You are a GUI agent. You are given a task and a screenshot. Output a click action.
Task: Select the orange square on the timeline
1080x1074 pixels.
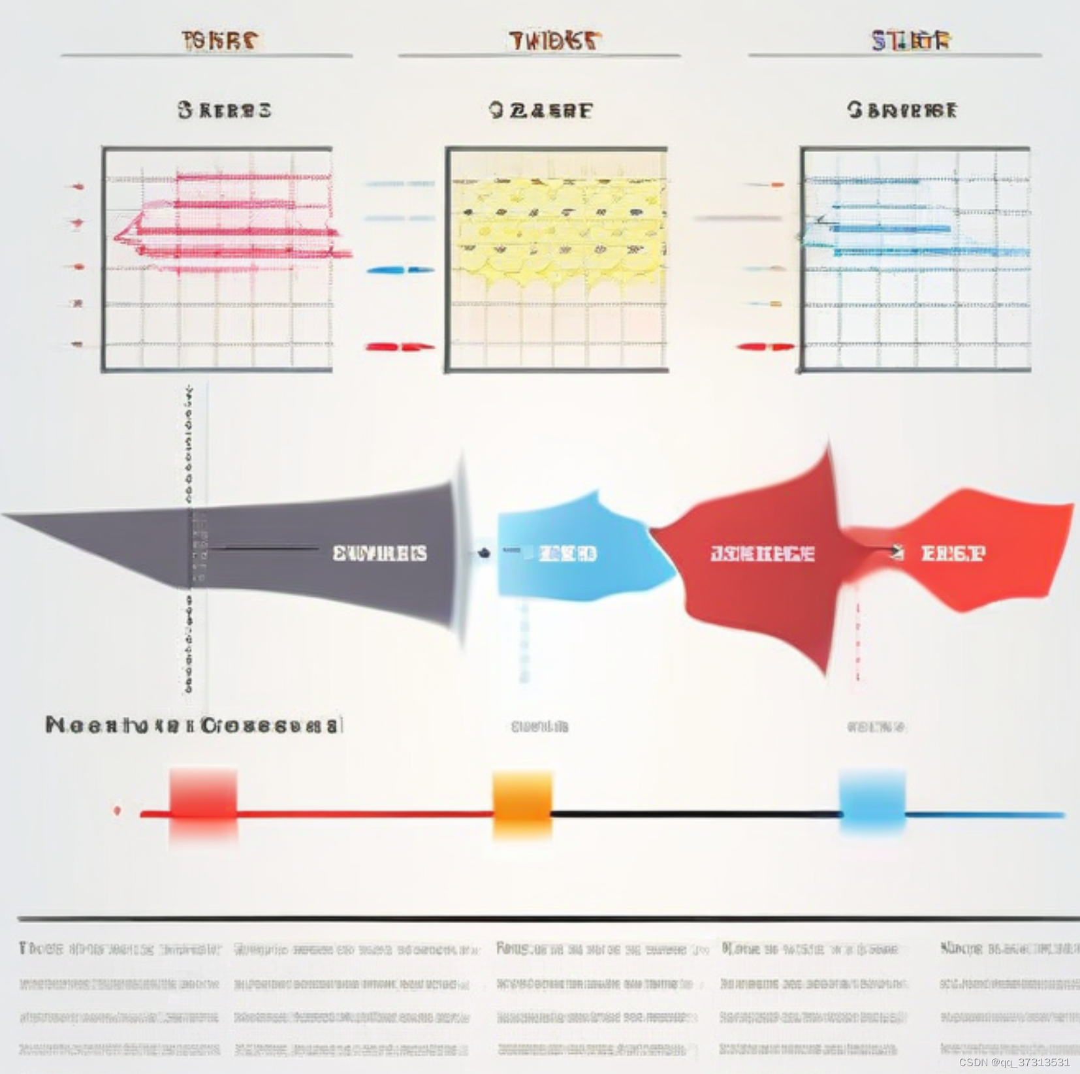click(522, 803)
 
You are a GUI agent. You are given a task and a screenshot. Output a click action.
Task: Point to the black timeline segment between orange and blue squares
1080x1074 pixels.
click(695, 814)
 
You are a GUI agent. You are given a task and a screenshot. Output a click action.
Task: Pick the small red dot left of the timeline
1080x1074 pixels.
click(117, 811)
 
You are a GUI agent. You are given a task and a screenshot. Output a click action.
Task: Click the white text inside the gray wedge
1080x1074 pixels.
click(379, 554)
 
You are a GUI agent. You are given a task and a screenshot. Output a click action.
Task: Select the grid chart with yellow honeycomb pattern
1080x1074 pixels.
click(556, 259)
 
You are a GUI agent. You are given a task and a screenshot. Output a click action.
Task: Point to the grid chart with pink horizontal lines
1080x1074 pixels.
click(217, 259)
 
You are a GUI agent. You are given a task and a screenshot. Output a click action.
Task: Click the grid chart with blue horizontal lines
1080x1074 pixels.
click(915, 259)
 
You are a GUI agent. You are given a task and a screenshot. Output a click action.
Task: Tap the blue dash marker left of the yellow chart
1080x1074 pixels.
click(400, 270)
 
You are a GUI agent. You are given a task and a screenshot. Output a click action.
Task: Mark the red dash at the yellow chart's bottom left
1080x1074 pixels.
click(400, 347)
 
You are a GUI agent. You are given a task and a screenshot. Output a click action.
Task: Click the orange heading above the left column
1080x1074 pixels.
click(220, 40)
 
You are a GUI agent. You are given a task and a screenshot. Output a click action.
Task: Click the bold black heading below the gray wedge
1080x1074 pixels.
click(193, 725)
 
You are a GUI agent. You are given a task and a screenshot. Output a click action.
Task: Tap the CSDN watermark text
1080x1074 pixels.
click(1014, 1062)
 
